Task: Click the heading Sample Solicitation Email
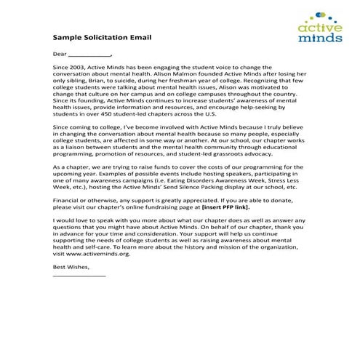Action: [x=103, y=36]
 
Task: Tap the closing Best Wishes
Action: [x=71, y=267]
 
